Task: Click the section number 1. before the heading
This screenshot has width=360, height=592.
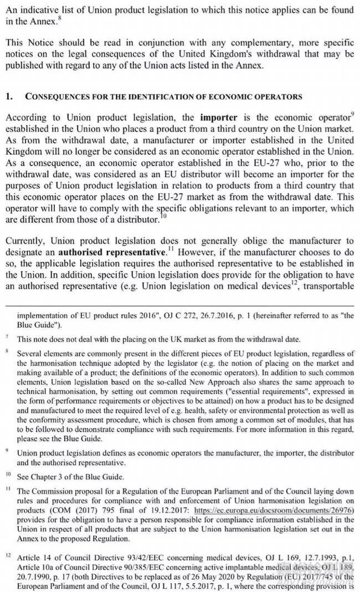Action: point(9,96)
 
